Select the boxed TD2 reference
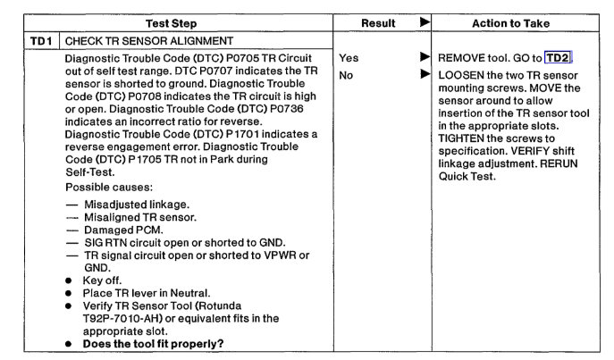coord(558,58)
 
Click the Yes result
coord(349,58)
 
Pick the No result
coord(347,75)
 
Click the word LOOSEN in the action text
coord(461,75)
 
